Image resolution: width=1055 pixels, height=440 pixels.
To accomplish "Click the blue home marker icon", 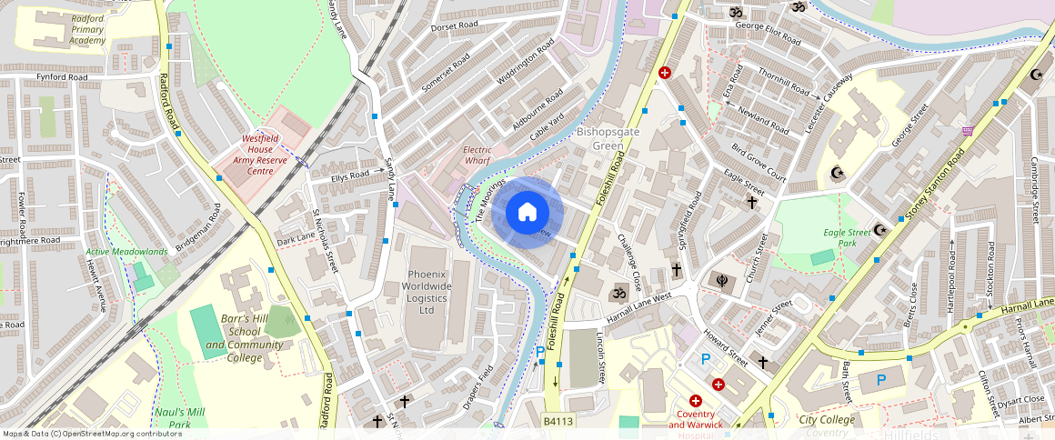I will [x=527, y=213].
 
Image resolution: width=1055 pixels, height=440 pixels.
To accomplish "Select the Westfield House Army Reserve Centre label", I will [x=259, y=155].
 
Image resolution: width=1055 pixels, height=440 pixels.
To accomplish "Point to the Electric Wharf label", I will [x=477, y=155].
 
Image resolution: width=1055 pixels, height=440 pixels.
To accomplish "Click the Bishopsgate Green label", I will [x=608, y=139].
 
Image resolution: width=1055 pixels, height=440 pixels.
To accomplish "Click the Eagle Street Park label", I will [x=847, y=238].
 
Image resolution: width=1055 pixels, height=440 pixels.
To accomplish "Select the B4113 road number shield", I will [x=558, y=421].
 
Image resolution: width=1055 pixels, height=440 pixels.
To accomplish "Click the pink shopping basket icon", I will [x=967, y=131].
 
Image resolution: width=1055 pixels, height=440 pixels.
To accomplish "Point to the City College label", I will [x=827, y=419].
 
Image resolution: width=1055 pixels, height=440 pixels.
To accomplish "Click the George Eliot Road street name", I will [x=768, y=33].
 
